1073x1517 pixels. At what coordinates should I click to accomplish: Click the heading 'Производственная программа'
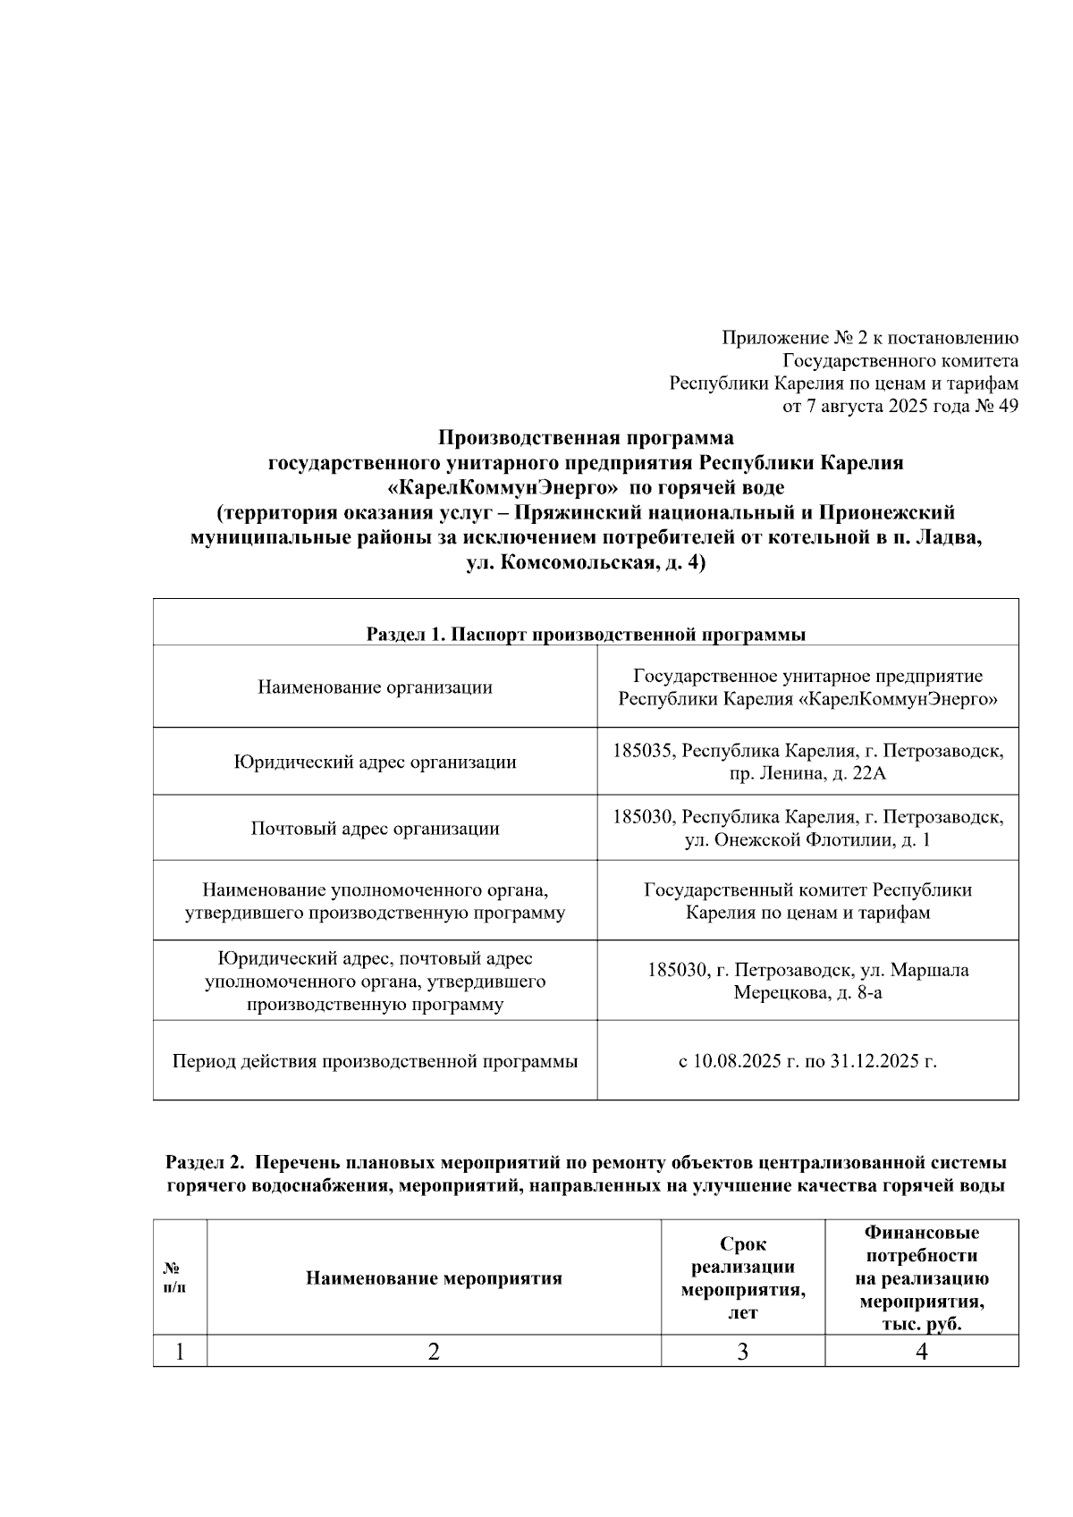pyautogui.click(x=586, y=438)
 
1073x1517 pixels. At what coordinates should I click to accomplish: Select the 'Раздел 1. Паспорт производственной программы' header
pyautogui.click(x=586, y=635)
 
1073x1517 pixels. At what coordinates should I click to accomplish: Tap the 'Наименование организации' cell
pyautogui.click(x=375, y=687)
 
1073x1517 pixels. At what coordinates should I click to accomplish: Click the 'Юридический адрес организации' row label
pyautogui.click(x=375, y=762)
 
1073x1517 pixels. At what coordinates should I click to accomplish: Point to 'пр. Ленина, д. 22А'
pyautogui.click(x=807, y=773)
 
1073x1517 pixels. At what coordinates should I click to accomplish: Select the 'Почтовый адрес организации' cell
pyautogui.click(x=375, y=828)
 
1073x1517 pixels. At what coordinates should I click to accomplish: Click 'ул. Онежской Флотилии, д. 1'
pyautogui.click(x=807, y=839)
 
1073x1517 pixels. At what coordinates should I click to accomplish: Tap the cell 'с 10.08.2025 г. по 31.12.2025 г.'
pyautogui.click(x=807, y=1061)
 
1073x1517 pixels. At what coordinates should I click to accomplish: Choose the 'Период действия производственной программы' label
pyautogui.click(x=375, y=1061)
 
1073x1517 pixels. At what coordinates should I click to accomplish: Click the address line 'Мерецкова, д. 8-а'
pyautogui.click(x=807, y=992)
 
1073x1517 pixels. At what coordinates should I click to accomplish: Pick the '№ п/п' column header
pyautogui.click(x=179, y=1277)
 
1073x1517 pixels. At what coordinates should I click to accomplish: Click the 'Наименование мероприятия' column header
pyautogui.click(x=434, y=1277)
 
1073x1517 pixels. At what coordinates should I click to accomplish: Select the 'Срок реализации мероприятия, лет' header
pyautogui.click(x=742, y=1277)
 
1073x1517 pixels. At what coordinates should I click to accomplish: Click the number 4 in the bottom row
pyautogui.click(x=921, y=1352)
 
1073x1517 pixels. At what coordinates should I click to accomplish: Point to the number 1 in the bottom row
pyautogui.click(x=180, y=1352)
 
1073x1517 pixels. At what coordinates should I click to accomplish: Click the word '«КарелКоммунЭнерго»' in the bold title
pyautogui.click(x=503, y=488)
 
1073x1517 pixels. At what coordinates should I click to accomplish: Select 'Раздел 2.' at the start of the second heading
pyautogui.click(x=205, y=1163)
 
